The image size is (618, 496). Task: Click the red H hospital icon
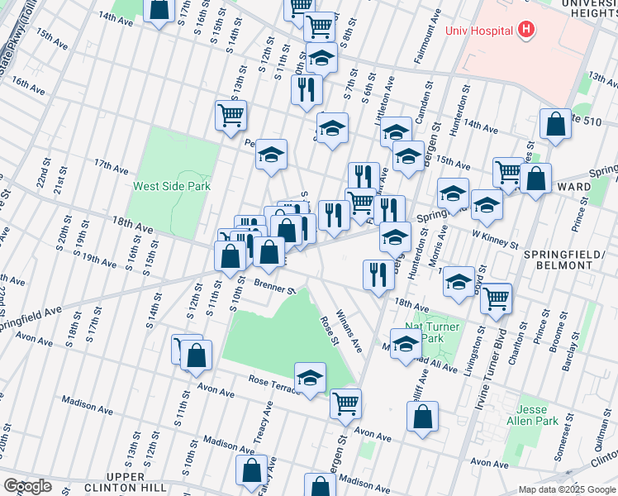[526, 31]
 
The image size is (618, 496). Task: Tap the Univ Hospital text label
[479, 31]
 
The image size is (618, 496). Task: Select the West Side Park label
[172, 186]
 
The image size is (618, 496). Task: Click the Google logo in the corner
[27, 485]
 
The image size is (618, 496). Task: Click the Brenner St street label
[274, 288]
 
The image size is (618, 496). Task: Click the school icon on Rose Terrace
[310, 378]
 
